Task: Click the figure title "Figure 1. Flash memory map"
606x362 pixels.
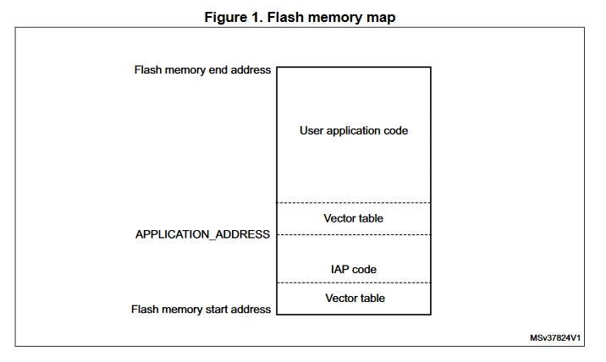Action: point(300,18)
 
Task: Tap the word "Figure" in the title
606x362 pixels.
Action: point(223,18)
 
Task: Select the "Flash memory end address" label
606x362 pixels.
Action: point(202,70)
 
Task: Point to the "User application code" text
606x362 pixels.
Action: point(354,130)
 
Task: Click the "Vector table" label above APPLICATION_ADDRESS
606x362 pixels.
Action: point(353,218)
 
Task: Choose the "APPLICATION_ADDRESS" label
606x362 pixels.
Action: point(202,234)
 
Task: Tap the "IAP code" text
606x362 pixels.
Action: point(354,269)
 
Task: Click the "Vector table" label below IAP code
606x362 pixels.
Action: point(355,299)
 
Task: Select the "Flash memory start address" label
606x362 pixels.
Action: point(201,310)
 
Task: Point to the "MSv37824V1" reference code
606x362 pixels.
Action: point(555,338)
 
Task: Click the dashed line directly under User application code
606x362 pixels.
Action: point(354,202)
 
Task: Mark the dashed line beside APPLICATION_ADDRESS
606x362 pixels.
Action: point(354,234)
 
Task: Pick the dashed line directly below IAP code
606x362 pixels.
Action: point(354,282)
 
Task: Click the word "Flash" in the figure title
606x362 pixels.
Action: point(285,18)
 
